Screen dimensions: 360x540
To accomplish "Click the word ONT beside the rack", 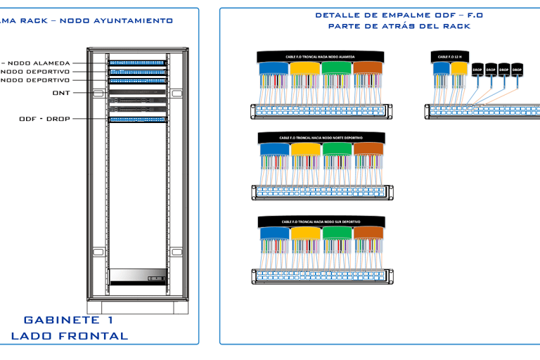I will click(60, 93).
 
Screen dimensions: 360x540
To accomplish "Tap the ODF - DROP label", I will click(44, 119).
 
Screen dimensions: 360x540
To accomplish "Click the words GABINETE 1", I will click(68, 320).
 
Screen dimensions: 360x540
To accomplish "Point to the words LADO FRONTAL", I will click(69, 336).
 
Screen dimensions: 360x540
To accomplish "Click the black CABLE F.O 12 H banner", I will click(450, 57).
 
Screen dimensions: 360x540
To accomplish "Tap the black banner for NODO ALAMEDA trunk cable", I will click(320, 56).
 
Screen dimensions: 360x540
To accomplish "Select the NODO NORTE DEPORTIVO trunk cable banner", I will click(320, 138).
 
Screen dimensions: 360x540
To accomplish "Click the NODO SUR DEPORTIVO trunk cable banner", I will click(320, 221).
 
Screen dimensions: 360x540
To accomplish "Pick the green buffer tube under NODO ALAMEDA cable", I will click(336, 68).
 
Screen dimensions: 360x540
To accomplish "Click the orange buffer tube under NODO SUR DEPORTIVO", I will click(368, 233).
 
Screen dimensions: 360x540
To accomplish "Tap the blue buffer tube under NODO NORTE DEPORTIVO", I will click(274, 150).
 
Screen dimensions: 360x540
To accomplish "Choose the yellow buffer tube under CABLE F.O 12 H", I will click(459, 68).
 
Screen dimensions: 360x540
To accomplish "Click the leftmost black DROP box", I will click(477, 70).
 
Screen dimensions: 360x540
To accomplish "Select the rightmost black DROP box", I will click(517, 70).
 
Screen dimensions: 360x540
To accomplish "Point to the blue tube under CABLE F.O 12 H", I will click(441, 68).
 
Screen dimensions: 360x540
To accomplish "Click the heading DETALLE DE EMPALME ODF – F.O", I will click(399, 15).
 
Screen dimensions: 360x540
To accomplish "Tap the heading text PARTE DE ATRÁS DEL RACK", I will click(399, 26).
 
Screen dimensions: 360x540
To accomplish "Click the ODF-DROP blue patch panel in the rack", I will click(138, 120).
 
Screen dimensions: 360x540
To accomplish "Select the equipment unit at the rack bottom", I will click(138, 276).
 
